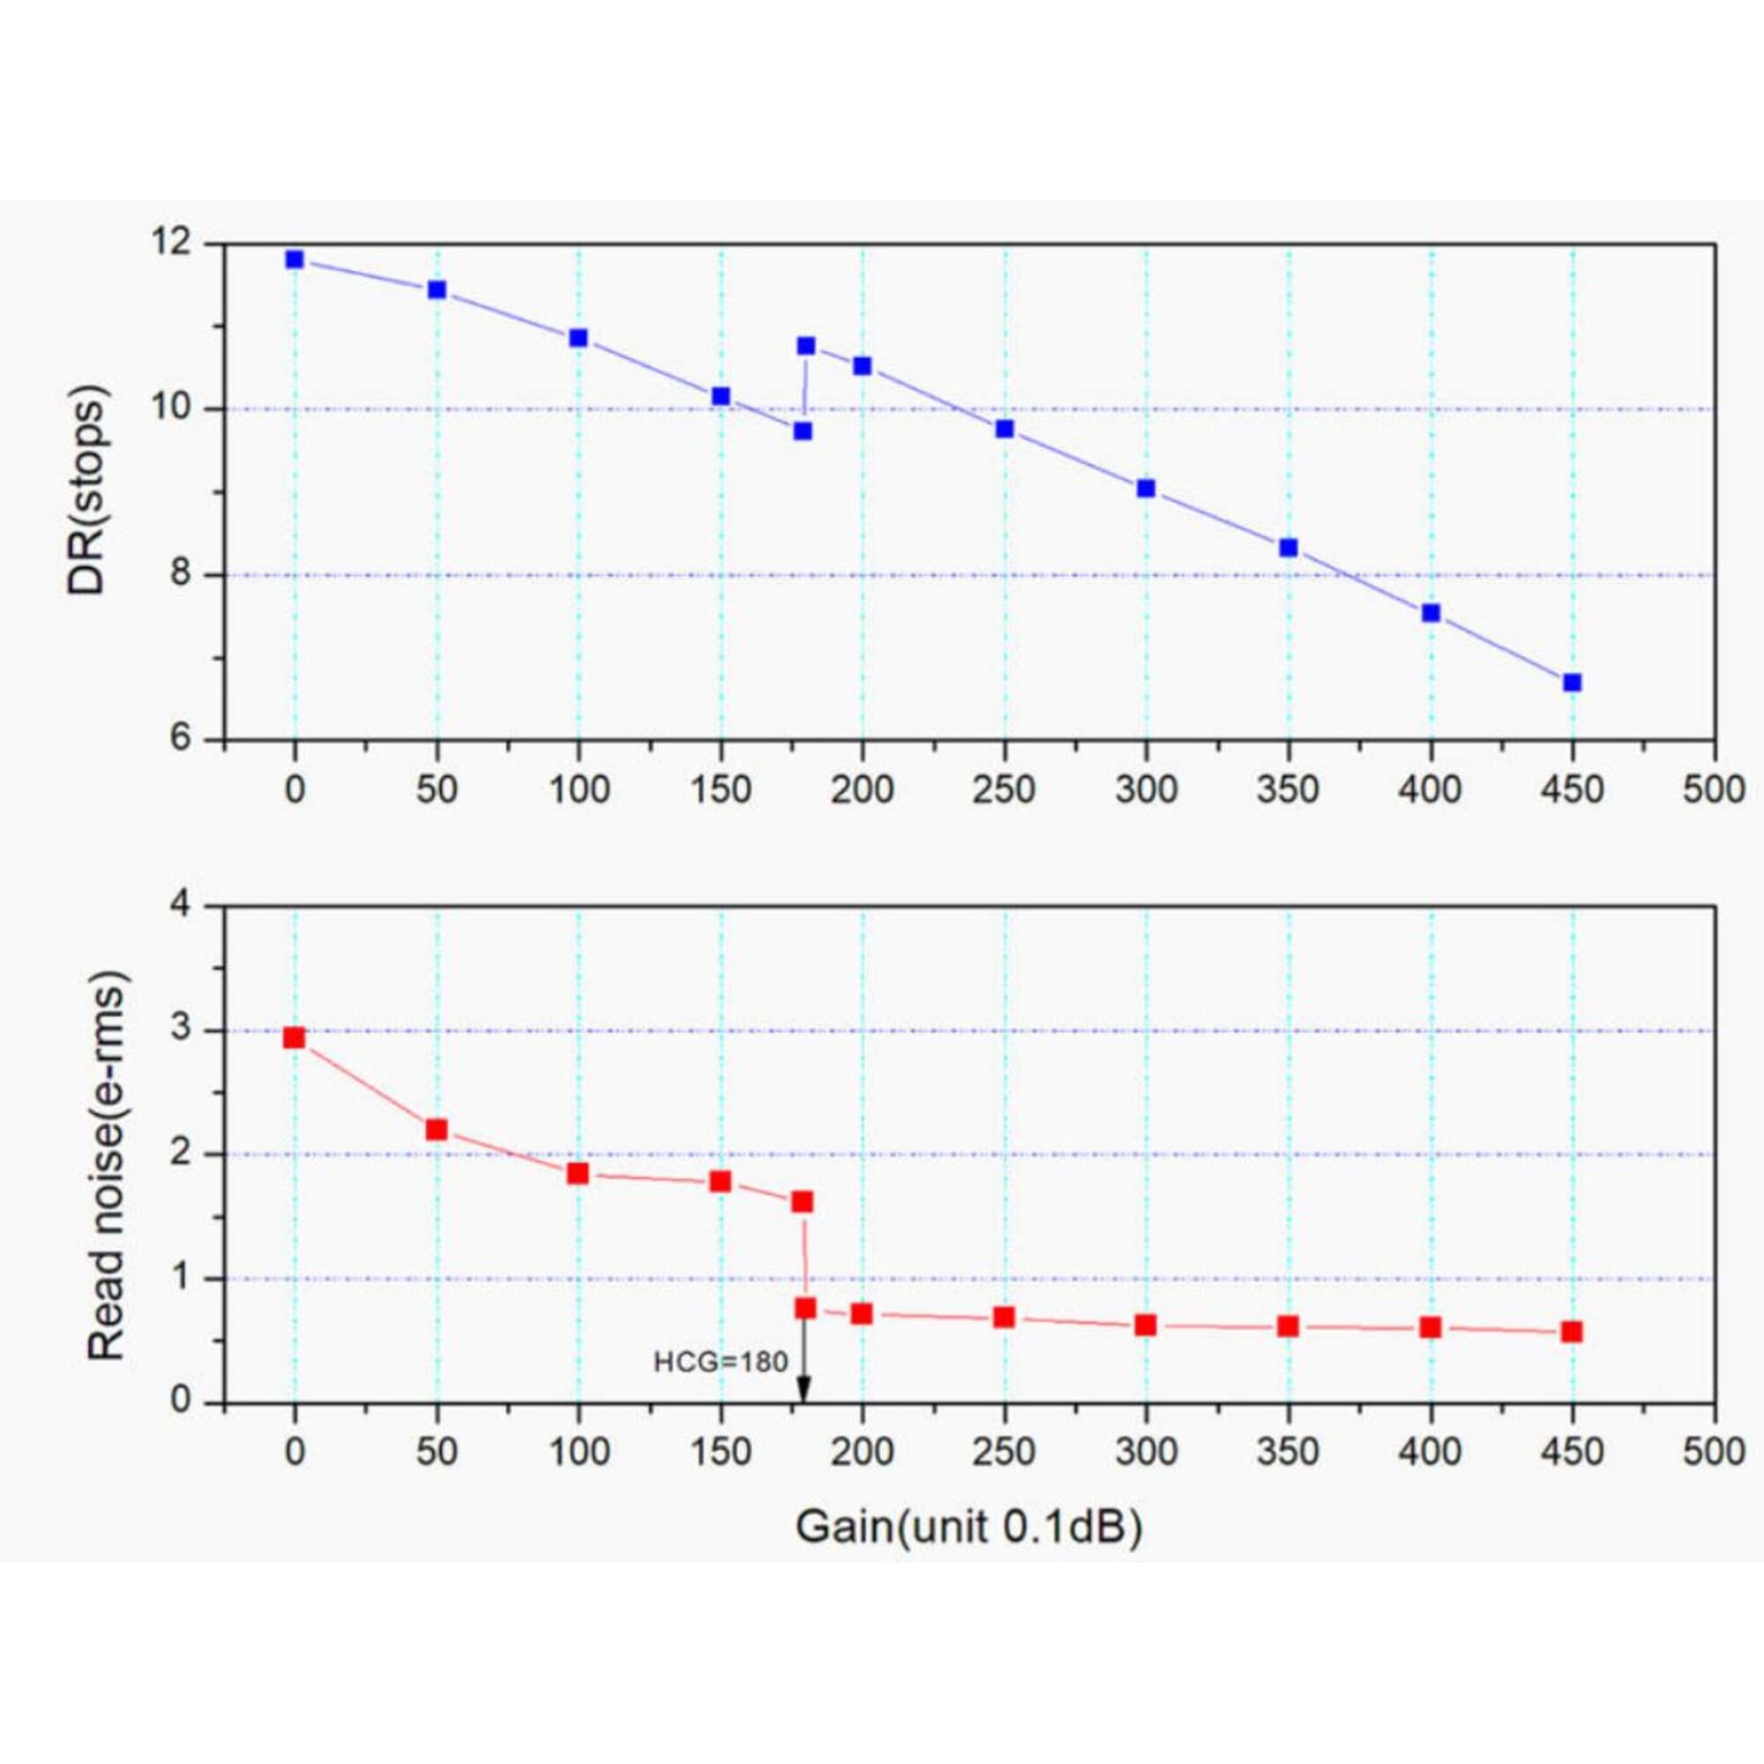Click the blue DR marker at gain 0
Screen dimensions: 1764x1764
[294, 259]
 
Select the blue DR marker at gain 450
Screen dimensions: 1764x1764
[1573, 683]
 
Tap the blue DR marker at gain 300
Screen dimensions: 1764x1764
[1146, 489]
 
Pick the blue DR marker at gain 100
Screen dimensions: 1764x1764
[578, 338]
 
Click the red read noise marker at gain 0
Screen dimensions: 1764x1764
[294, 1038]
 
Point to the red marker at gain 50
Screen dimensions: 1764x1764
[437, 1131]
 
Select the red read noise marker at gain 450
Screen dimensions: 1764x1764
[1573, 1332]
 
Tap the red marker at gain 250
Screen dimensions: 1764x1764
[1005, 1317]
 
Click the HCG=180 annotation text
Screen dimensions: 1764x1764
[721, 1364]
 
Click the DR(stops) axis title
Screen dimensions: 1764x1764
[88, 491]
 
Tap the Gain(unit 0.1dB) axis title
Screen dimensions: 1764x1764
[968, 1527]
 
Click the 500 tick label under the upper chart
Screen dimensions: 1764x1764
[1714, 789]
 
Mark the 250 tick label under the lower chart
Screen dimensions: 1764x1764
[1005, 1452]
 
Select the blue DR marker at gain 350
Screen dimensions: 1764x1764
[1289, 548]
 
